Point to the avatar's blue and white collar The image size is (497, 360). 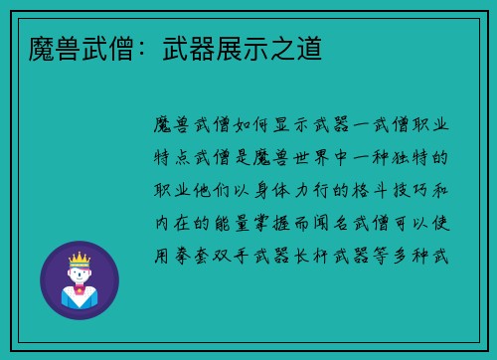click(80, 294)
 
